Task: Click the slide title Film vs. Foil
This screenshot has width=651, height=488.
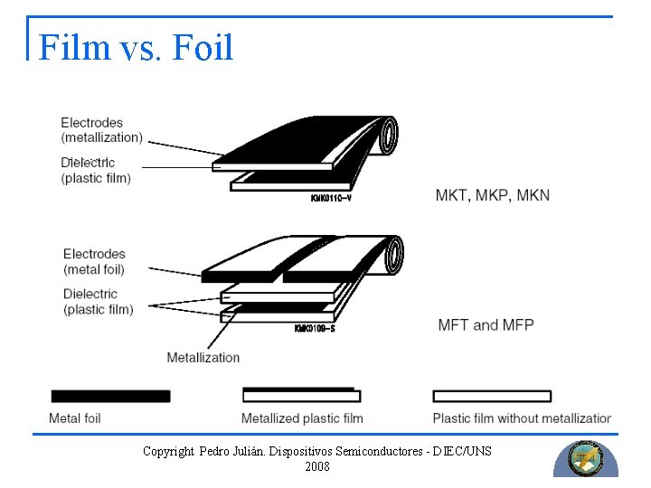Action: tap(136, 47)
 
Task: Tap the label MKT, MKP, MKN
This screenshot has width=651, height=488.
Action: tap(492, 195)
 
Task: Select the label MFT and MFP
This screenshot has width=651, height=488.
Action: tap(486, 324)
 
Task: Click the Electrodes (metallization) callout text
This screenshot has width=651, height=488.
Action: tap(101, 130)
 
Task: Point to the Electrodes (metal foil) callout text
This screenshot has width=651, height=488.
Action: tap(94, 262)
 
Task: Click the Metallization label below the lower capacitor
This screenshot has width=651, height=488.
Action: tap(203, 357)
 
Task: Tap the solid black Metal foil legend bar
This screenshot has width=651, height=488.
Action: tap(110, 396)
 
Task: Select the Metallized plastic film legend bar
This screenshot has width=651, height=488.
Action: tap(301, 395)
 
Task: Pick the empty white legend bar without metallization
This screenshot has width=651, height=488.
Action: tap(492, 396)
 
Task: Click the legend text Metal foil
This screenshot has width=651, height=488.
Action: tap(75, 418)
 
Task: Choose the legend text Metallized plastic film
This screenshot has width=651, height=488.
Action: tap(302, 418)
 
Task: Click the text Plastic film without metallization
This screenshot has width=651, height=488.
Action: tap(522, 418)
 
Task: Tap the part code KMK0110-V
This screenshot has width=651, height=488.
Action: tap(330, 198)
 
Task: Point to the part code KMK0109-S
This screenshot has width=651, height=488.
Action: tap(315, 328)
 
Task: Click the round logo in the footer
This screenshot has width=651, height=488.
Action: tap(585, 458)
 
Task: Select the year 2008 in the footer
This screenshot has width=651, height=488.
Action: tap(317, 467)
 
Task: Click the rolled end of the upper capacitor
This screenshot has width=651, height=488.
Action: tap(388, 136)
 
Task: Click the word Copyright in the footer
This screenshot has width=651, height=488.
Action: tap(168, 451)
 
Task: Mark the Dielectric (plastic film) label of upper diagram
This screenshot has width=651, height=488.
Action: tap(96, 171)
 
